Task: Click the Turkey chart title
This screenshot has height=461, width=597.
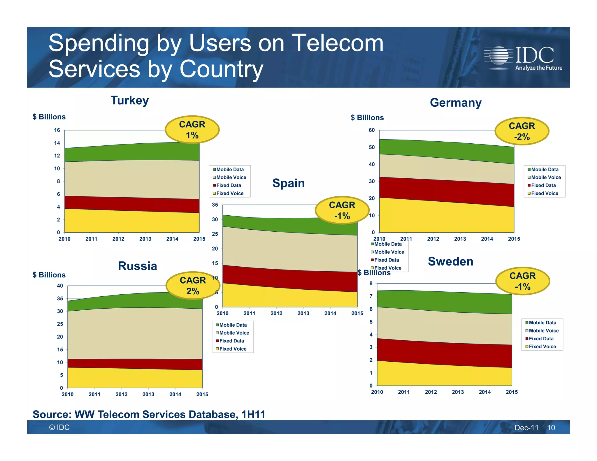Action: [130, 101]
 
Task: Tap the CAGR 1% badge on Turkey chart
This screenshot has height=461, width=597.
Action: [192, 130]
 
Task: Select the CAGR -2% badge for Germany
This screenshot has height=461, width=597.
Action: [522, 131]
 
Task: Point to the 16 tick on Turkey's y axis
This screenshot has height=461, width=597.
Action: [57, 130]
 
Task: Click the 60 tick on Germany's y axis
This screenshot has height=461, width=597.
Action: [372, 130]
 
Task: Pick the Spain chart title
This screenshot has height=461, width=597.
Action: [288, 183]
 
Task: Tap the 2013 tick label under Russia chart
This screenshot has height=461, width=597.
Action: [148, 394]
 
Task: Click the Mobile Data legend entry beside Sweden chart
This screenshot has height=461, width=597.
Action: [542, 323]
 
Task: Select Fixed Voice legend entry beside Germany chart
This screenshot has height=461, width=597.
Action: [544, 193]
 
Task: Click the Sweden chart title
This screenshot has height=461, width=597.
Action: [450, 261]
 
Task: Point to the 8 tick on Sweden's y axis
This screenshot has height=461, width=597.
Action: [371, 284]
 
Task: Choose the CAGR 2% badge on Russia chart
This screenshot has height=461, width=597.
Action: [193, 286]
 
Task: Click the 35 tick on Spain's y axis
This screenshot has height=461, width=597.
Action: [215, 205]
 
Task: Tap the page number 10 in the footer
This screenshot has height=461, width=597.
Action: [551, 427]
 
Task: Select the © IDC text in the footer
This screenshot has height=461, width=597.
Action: [59, 427]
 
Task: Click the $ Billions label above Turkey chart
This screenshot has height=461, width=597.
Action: [49, 117]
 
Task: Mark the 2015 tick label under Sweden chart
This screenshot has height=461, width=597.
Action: [512, 392]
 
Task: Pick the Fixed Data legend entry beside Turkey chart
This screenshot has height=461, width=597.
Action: [228, 185]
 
